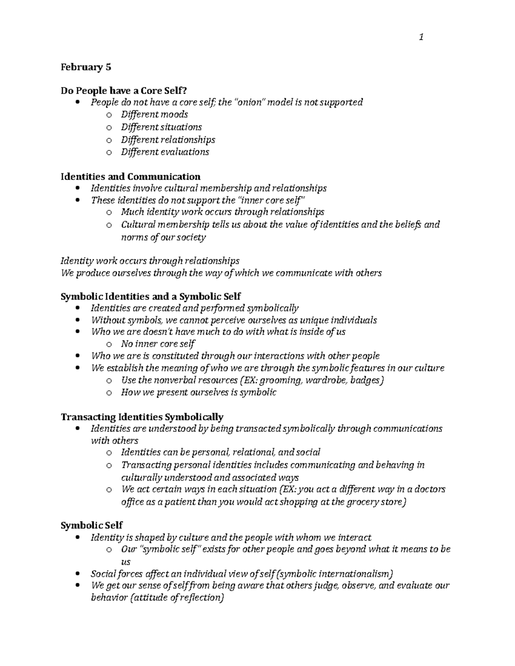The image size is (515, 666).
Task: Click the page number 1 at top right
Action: [x=421, y=37]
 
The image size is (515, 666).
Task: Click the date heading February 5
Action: [x=86, y=67]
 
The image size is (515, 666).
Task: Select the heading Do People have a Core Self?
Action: [x=124, y=90]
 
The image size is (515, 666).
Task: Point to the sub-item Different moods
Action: [x=154, y=115]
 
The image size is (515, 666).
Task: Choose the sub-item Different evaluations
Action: [x=165, y=152]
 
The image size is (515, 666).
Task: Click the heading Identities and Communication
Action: [x=130, y=177]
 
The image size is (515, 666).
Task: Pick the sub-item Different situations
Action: [x=161, y=127]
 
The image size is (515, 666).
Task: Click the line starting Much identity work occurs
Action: [x=222, y=212]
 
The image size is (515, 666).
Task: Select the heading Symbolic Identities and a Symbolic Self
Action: [x=151, y=296]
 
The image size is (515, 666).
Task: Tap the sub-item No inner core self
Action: [x=158, y=344]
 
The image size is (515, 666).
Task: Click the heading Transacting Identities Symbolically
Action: [x=142, y=417]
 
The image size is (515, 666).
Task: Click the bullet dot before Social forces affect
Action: [x=77, y=574]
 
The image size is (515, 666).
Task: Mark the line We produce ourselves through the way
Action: [x=221, y=273]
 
